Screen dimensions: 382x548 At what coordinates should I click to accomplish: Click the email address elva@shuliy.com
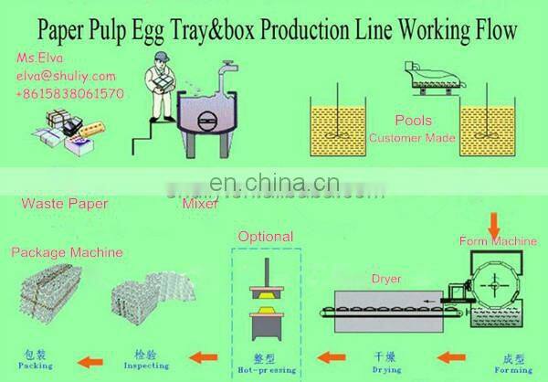tap(66, 76)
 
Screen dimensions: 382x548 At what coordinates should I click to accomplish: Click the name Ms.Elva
tap(37, 58)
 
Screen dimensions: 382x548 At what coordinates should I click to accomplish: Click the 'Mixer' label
tap(199, 204)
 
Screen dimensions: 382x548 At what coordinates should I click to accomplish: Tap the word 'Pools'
tap(413, 121)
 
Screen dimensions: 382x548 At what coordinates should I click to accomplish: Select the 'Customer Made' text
tap(413, 138)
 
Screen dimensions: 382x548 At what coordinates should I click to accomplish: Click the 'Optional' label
tap(266, 237)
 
